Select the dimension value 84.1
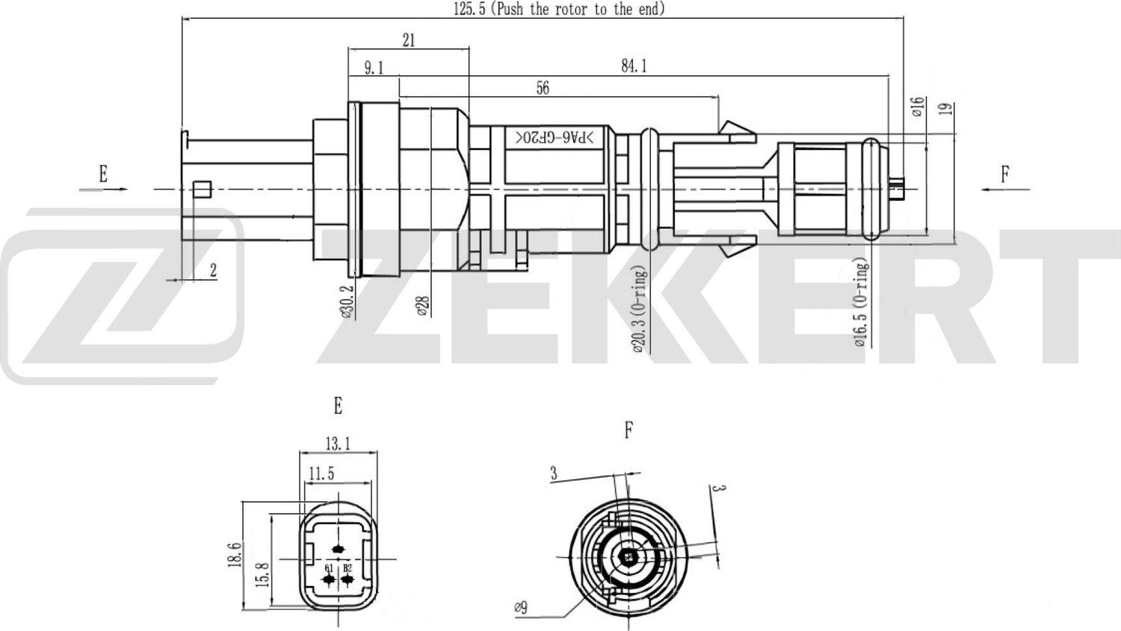[x=634, y=66]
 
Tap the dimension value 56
[x=543, y=88]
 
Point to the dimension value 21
[x=409, y=40]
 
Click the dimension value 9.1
[x=374, y=69]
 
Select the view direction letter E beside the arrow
[x=103, y=174]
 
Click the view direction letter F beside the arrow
[x=1005, y=175]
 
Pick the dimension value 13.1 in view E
[x=338, y=444]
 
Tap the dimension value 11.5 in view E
[x=321, y=473]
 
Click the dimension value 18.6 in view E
[x=234, y=555]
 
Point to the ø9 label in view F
[x=521, y=608]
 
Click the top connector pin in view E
[x=338, y=550]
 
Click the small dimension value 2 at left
[x=213, y=270]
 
